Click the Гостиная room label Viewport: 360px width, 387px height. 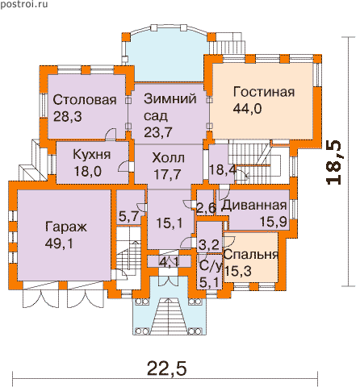click(264, 92)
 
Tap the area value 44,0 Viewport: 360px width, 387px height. click(247, 109)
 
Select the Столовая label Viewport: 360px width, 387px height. click(85, 100)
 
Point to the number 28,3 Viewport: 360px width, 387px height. click(68, 117)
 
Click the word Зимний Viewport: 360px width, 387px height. click(170, 99)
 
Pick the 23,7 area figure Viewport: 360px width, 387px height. click(158, 132)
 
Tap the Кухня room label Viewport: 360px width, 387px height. click(91, 155)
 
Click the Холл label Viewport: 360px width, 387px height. click(169, 158)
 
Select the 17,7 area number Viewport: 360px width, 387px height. click(167, 174)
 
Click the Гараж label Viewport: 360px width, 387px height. click(66, 227)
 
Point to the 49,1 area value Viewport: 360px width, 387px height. click(59, 243)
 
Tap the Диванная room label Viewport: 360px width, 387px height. click(254, 206)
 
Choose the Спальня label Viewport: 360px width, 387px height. click(251, 254)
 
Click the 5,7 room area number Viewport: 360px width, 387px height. click(128, 216)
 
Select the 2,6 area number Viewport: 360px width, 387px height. click(207, 208)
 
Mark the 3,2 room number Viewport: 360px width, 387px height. click(208, 244)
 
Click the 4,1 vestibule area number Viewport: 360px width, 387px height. click(169, 261)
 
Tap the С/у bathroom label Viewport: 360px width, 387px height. click(210, 266)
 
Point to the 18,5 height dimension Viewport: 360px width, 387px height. click(333, 162)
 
